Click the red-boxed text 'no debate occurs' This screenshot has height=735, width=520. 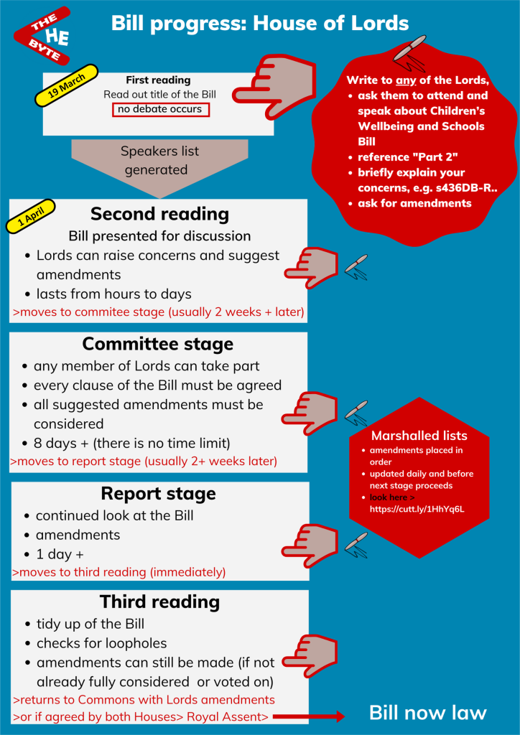click(x=161, y=110)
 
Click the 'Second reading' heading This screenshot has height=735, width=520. click(x=159, y=214)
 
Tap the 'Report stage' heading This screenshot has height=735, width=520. click(x=158, y=494)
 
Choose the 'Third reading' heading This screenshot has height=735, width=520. click(x=159, y=601)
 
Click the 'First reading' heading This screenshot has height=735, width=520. click(x=158, y=80)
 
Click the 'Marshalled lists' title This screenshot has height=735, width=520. click(x=419, y=436)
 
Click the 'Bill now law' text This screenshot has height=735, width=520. click(x=427, y=713)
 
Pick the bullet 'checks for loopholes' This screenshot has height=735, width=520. click(x=101, y=643)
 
